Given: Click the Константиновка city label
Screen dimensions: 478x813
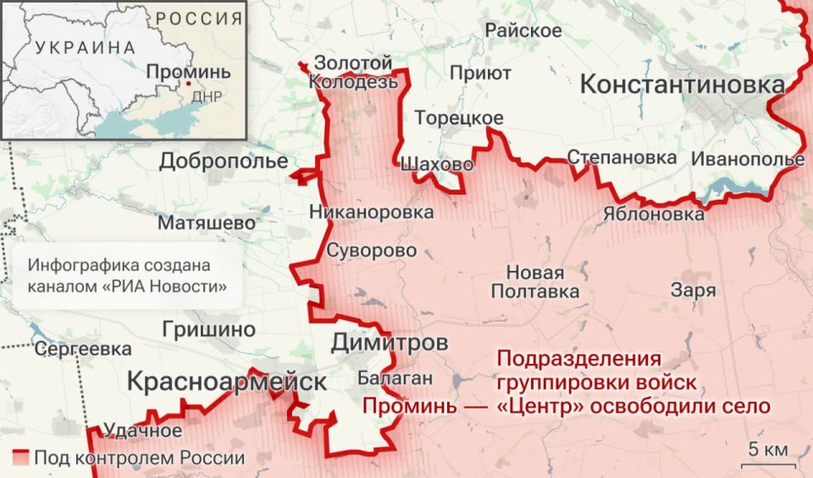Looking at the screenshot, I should pos(683,85).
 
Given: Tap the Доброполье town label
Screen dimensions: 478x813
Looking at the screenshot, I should pos(224,161).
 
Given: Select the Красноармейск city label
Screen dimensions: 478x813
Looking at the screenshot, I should pos(226,382).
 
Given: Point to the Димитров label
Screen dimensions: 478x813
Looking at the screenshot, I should pos(389,343).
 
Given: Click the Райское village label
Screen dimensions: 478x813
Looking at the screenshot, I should pos(523,30).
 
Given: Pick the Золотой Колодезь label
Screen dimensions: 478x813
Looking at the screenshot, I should pos(352,73).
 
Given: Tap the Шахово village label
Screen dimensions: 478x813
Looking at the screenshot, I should pos(435,164).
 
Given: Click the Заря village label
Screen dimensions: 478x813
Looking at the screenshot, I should pos(693,290).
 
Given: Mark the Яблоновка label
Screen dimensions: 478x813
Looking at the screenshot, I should pos(653,214).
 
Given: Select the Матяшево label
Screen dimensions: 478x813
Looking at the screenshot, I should pos(206,223).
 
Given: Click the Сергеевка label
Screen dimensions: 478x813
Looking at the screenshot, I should pos(83,349).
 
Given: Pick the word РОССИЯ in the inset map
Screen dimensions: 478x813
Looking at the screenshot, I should pos(192,18).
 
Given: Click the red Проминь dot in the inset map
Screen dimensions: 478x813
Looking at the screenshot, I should pos(188,84).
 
